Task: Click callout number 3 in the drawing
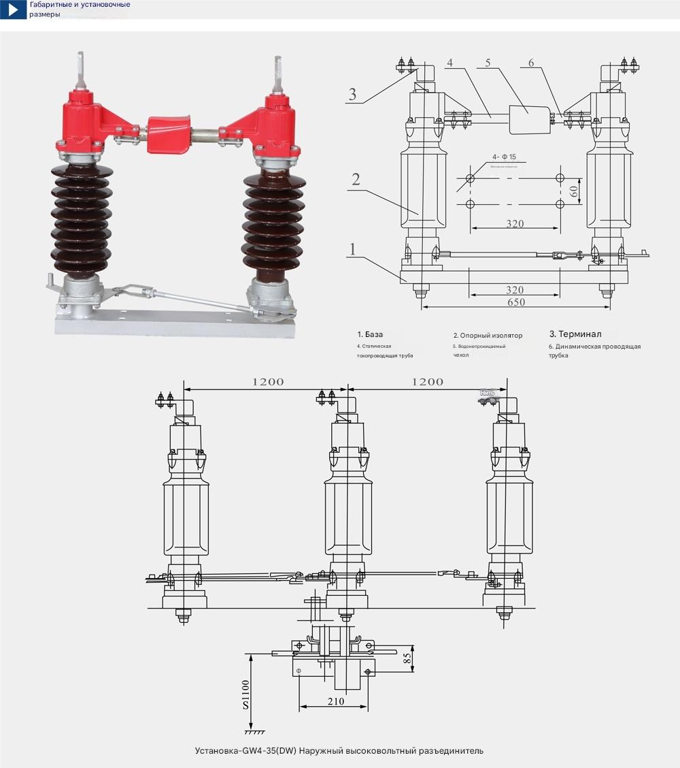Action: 352,94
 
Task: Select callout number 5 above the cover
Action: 488,63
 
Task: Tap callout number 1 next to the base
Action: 352,249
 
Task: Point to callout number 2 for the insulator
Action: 355,180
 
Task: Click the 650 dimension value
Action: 515,302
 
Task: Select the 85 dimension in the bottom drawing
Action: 407,659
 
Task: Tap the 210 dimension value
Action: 335,701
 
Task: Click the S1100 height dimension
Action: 245,694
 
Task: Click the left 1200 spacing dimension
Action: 268,382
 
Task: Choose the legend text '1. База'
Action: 370,334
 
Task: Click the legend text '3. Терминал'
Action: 575,334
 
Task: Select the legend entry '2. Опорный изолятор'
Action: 488,335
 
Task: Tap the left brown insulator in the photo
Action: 81,218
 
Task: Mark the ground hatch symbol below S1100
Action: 254,733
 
